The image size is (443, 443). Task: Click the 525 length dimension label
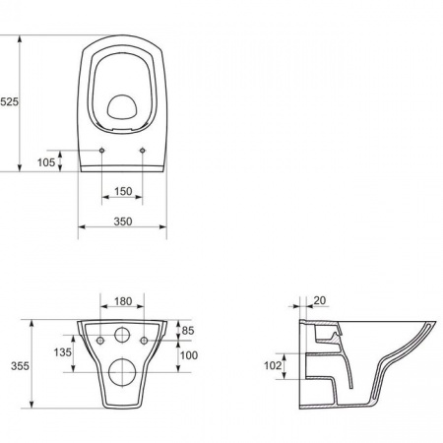9,102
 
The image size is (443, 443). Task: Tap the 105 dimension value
46,162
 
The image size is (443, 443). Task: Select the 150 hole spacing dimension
123,191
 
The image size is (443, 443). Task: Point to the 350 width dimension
123,221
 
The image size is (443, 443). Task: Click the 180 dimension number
123,301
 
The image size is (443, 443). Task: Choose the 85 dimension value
188,331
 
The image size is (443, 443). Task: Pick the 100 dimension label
189,355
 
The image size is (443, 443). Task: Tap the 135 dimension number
62,352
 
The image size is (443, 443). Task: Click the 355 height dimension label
20,366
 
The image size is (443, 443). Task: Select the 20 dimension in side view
320,300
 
